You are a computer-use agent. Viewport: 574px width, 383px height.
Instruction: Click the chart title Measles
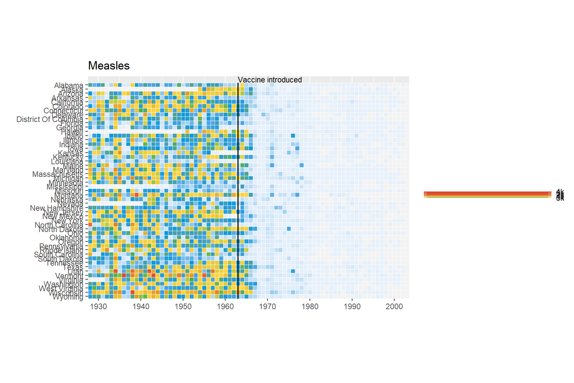point(109,66)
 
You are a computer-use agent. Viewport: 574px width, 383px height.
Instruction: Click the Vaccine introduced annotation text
point(270,80)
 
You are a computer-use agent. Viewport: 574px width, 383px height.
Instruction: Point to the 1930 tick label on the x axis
point(99,307)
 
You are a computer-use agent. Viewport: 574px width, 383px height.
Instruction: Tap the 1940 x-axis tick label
point(141,307)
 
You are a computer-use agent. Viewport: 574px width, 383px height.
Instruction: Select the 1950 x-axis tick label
point(183,307)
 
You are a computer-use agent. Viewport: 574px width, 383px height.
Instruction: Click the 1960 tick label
point(225,307)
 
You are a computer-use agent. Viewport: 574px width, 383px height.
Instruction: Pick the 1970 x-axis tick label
point(267,307)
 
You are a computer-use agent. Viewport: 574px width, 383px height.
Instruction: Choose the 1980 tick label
point(310,307)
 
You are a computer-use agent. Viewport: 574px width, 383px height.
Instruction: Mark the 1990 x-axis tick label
point(352,307)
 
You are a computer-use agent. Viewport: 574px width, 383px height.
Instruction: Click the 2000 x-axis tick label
point(394,307)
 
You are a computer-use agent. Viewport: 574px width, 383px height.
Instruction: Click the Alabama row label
point(69,85)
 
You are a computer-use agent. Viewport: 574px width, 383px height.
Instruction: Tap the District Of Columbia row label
point(50,119)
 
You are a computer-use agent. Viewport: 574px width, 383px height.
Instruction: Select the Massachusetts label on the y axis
point(58,174)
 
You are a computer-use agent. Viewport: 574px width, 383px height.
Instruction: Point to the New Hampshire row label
point(57,208)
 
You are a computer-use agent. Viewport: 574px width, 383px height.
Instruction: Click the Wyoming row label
point(68,297)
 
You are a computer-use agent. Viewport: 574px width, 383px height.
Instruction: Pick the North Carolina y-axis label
point(59,225)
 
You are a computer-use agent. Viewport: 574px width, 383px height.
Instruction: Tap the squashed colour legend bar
point(488,194)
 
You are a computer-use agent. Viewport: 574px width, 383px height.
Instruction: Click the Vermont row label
point(69,276)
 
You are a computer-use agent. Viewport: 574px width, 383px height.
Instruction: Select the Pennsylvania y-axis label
point(61,246)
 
